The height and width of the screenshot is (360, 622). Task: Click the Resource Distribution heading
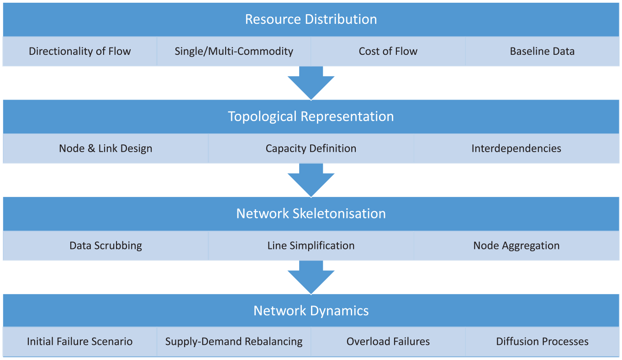(311, 20)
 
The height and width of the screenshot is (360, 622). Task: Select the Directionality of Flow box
(80, 51)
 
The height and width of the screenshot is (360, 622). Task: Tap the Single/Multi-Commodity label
(234, 51)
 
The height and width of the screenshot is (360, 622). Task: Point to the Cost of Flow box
(388, 51)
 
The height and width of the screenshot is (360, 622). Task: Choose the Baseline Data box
(542, 51)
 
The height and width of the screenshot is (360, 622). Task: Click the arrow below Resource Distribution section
(311, 83)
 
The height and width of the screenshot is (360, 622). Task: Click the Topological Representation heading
(311, 116)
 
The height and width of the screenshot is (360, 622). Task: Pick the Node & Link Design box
(105, 148)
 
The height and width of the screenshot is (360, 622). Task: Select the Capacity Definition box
(311, 148)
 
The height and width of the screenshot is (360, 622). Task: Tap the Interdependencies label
(516, 148)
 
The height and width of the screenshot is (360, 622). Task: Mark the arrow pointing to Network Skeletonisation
(311, 180)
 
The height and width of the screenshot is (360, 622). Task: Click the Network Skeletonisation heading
(311, 214)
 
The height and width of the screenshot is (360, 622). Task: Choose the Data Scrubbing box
(105, 245)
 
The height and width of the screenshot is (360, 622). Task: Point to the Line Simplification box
(311, 245)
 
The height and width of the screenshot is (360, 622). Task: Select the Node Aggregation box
(517, 245)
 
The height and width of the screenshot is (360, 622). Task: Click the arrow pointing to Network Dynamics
(311, 277)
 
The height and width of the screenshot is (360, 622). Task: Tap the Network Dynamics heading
(311, 311)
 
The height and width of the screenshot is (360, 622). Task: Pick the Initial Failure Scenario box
(80, 341)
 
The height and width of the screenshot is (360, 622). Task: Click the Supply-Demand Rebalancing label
(234, 342)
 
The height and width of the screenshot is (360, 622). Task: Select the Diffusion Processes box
(542, 341)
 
